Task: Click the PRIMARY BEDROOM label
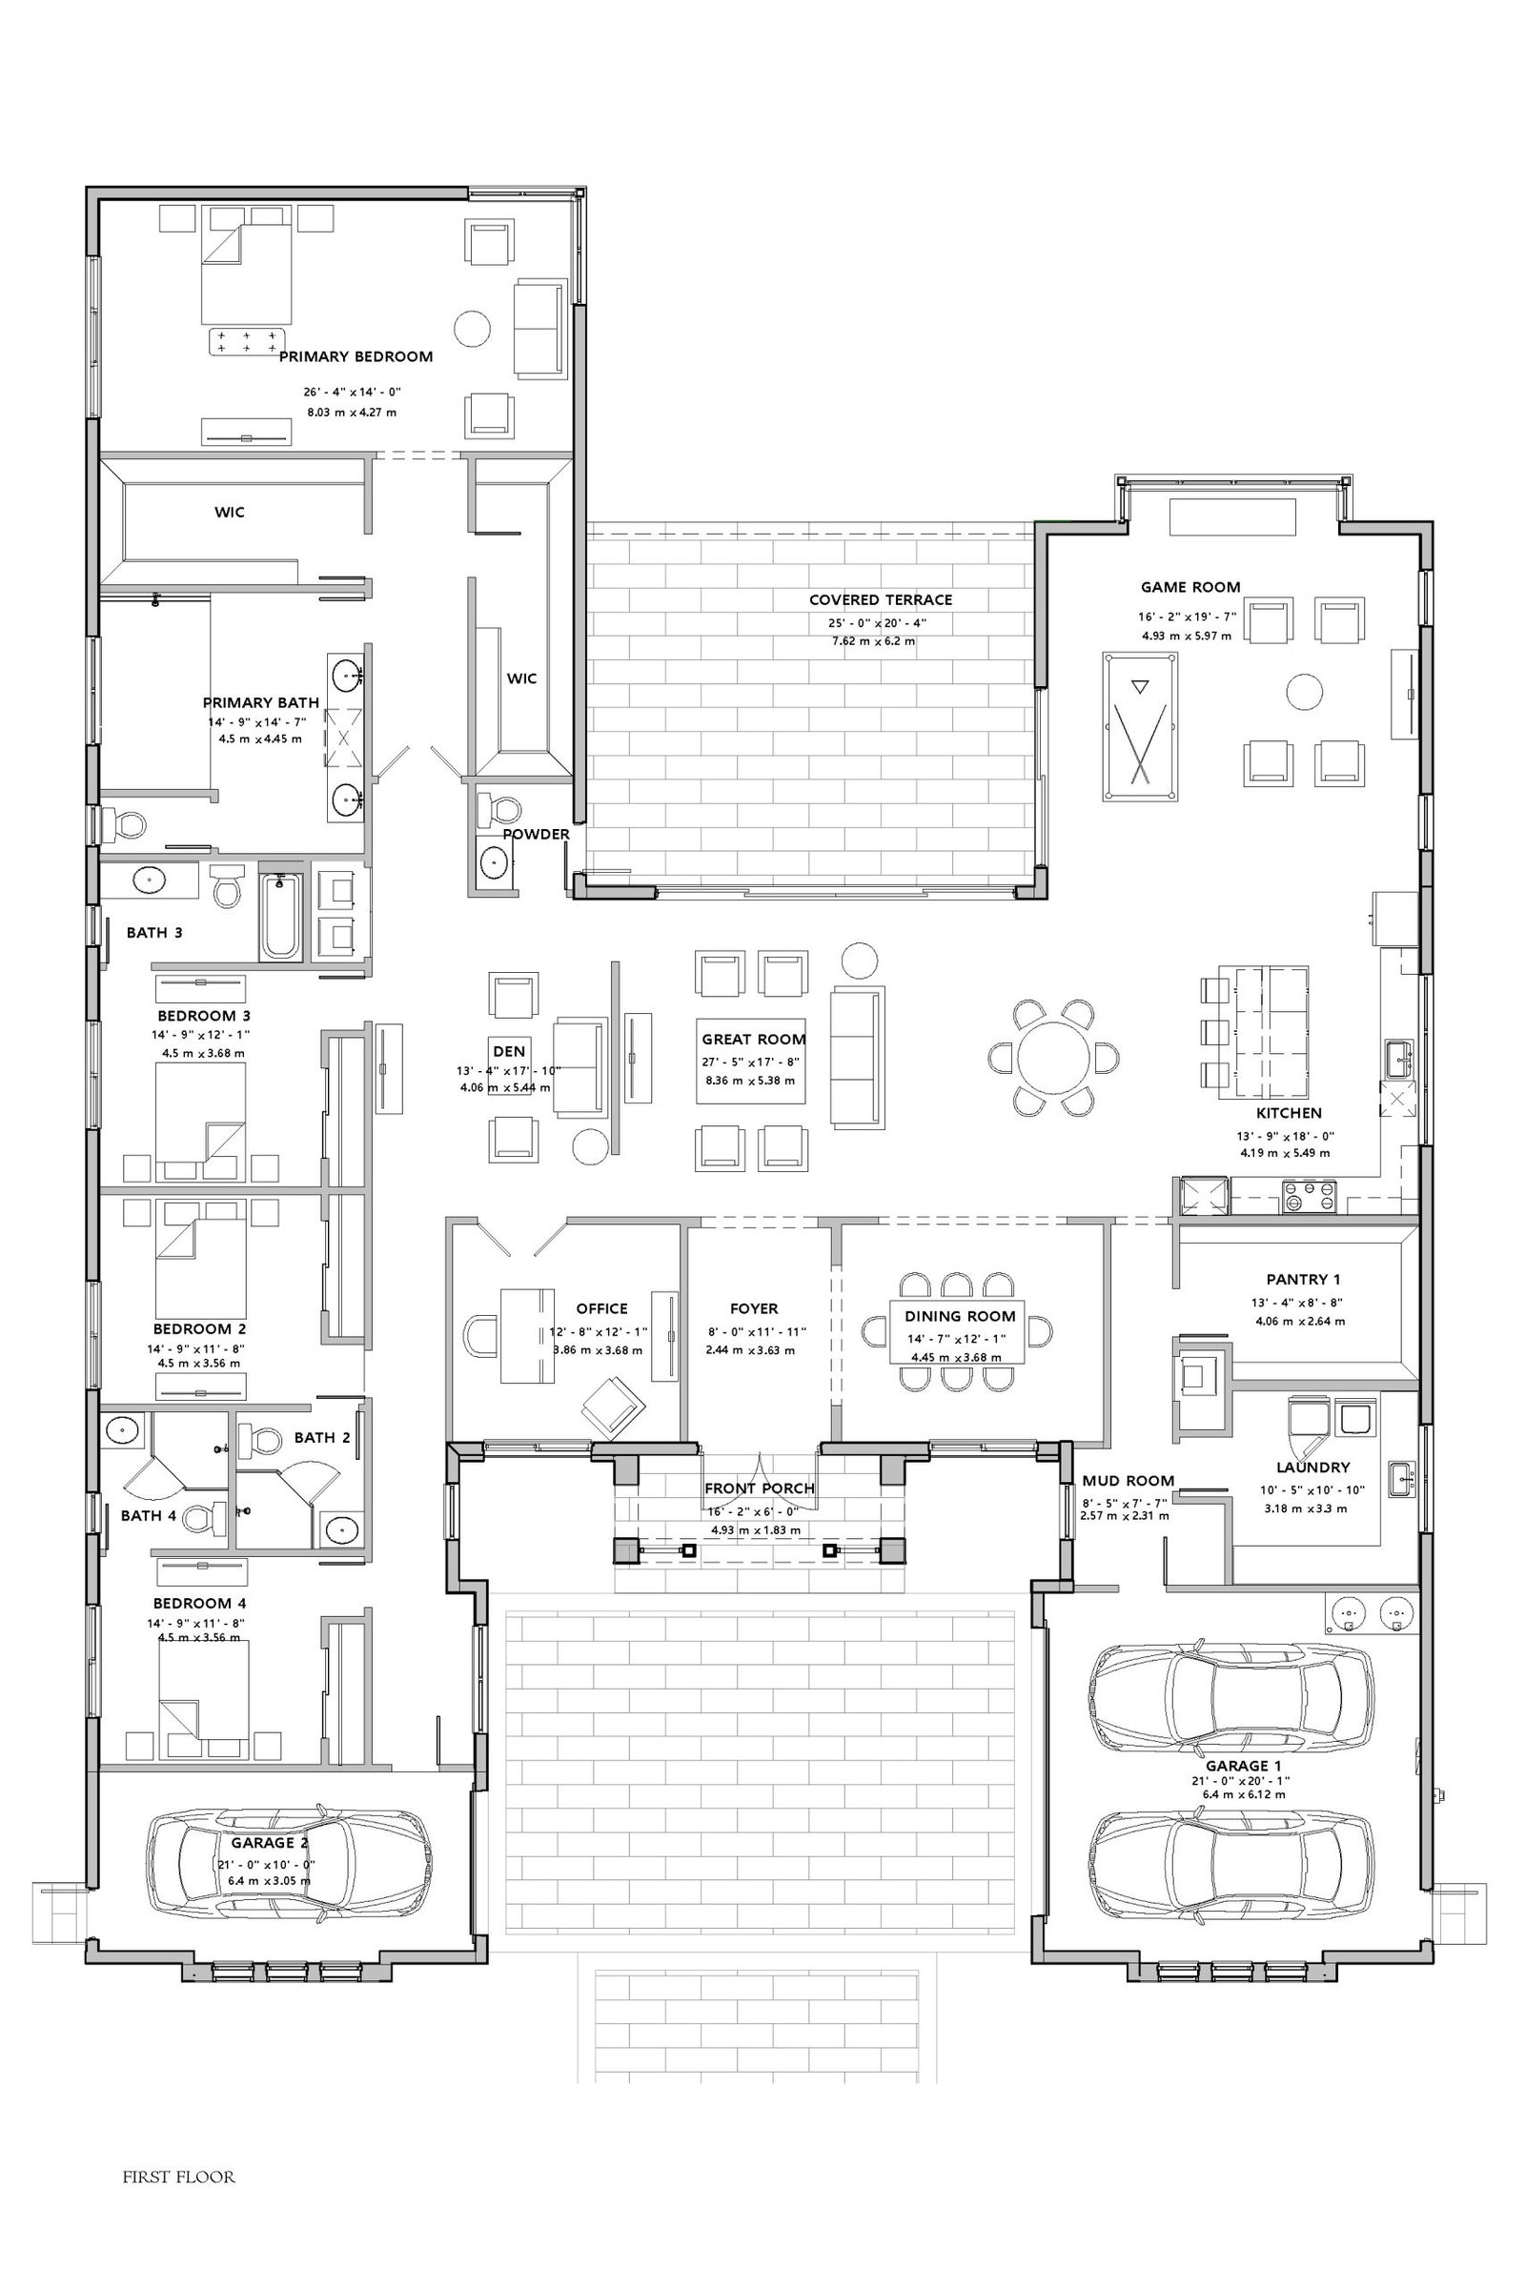[356, 356]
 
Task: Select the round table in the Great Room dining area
[1053, 1058]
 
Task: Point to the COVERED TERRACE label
[880, 600]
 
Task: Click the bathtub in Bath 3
[282, 916]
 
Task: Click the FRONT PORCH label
[760, 1488]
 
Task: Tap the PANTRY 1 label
[1303, 1280]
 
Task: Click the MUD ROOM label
[1128, 1481]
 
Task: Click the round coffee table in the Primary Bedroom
[473, 327]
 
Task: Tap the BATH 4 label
[149, 1515]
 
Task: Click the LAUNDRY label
[1313, 1467]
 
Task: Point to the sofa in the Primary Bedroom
[539, 329]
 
